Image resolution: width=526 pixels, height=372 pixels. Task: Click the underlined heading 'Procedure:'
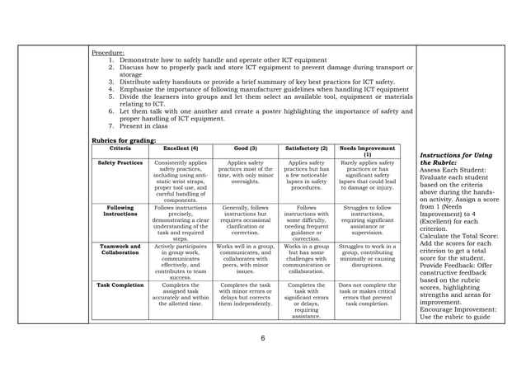point(108,54)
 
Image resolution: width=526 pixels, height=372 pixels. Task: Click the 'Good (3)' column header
point(245,148)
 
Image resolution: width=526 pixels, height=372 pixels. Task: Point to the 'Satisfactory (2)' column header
point(306,148)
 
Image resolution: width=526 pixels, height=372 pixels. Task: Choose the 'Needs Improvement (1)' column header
point(367,151)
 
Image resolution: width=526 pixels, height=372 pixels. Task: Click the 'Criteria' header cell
point(121,148)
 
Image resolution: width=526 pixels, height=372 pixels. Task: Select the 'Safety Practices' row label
point(121,163)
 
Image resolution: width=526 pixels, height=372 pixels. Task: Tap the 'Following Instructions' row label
point(121,211)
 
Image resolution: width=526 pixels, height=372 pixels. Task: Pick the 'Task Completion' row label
point(121,285)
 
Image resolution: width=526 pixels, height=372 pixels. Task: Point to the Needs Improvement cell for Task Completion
point(367,294)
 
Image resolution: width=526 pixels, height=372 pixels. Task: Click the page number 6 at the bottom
point(263,338)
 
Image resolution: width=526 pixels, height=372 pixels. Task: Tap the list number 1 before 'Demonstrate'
point(111,61)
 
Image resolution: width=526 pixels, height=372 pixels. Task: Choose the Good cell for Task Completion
point(245,294)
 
